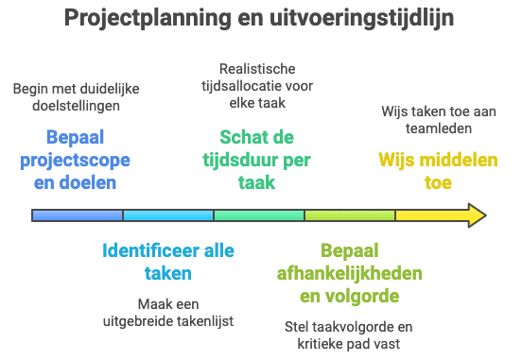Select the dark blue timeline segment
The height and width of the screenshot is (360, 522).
tap(78, 215)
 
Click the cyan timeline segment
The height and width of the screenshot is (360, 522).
tap(168, 215)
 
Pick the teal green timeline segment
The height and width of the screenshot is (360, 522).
tap(259, 215)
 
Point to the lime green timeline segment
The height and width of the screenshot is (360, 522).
tap(350, 215)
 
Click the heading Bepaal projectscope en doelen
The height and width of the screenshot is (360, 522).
tap(75, 160)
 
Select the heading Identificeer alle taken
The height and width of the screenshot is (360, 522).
tap(167, 262)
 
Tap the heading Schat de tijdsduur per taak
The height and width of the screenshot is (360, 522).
tap(256, 160)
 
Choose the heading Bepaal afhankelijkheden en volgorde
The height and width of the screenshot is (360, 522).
tap(349, 274)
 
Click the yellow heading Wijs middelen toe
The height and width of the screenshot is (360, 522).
tap(438, 171)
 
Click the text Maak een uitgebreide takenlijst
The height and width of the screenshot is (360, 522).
tap(167, 313)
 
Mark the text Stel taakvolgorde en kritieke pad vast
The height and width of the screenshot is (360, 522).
tap(349, 335)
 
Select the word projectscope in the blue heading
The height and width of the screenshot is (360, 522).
tap(75, 160)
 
